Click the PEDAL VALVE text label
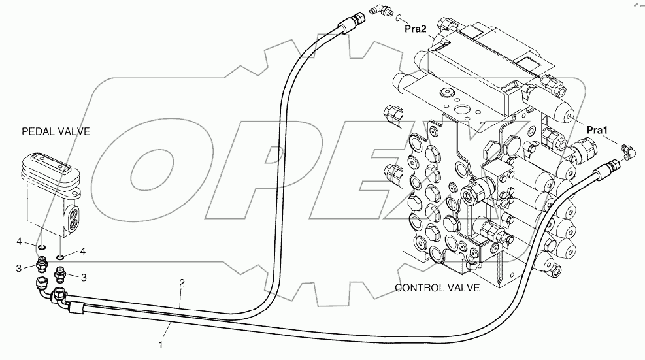point(56,131)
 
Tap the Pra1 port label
point(596,130)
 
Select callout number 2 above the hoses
point(182,284)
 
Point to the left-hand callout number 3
point(20,267)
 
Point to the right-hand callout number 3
point(84,277)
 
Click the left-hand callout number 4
point(20,242)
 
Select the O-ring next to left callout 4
point(41,247)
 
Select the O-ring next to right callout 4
point(61,256)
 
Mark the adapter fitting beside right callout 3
point(61,274)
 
